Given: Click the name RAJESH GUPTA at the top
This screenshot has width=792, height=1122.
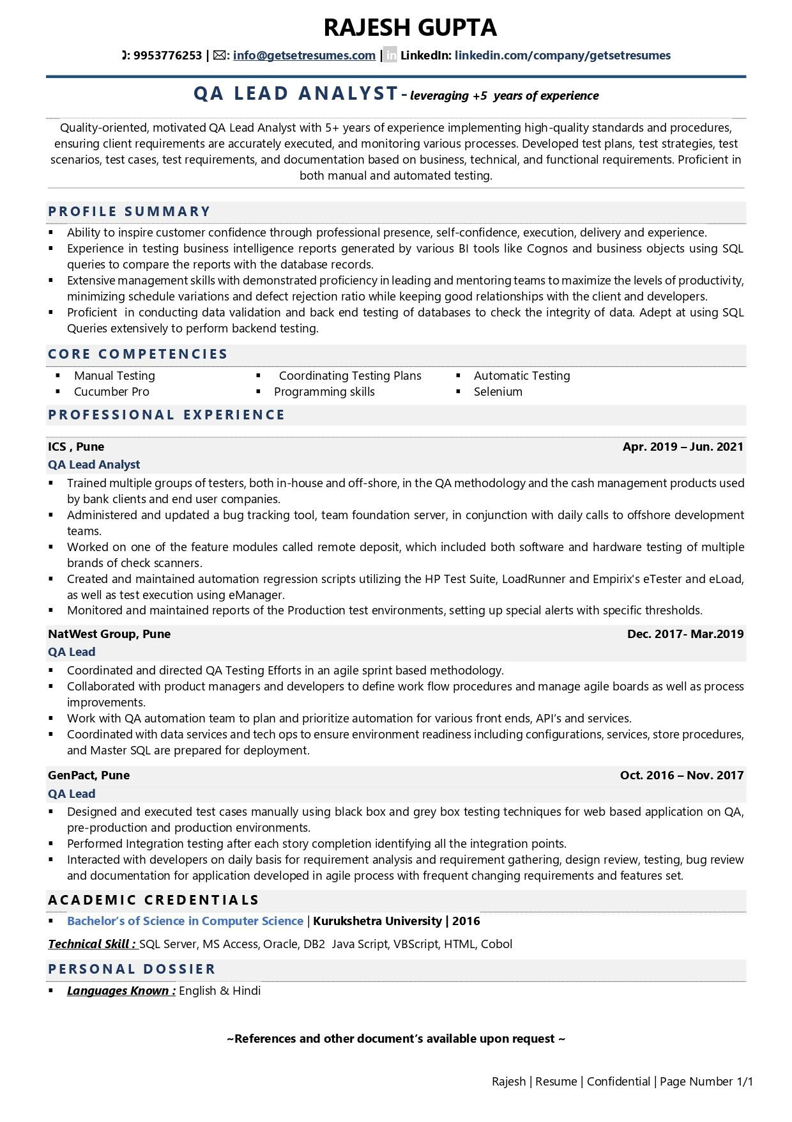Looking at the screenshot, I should click(409, 27).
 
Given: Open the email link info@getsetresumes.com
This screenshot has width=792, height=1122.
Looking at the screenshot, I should click(304, 56).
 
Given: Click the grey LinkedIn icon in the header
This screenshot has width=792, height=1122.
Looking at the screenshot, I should click(391, 56).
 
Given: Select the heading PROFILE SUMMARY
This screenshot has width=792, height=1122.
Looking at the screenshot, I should click(129, 212).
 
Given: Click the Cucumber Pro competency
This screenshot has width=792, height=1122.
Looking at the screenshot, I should click(111, 392).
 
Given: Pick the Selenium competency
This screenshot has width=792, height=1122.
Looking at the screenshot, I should click(498, 392).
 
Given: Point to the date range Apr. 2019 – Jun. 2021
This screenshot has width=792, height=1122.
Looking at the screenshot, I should click(683, 447).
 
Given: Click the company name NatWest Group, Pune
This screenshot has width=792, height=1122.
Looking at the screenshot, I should click(109, 634).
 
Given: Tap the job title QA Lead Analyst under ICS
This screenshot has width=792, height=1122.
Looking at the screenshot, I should click(94, 465).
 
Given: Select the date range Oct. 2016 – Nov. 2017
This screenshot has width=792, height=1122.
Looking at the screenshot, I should click(682, 775).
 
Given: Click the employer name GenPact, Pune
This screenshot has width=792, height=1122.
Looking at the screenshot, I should click(89, 775).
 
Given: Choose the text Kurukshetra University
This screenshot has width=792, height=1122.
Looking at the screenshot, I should click(377, 921).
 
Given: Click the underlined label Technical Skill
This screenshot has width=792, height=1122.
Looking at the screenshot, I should click(92, 944).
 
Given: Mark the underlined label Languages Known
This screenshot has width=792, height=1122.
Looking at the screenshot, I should click(121, 991).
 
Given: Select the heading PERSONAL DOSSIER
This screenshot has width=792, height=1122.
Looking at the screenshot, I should click(132, 969).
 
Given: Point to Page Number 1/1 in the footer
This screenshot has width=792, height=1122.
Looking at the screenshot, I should click(706, 1082).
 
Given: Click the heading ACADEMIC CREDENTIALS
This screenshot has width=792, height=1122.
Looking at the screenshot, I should click(153, 900).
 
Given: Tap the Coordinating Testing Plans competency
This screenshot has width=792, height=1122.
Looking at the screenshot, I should click(349, 376).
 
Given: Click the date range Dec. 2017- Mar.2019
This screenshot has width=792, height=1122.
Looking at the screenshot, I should click(685, 634).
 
